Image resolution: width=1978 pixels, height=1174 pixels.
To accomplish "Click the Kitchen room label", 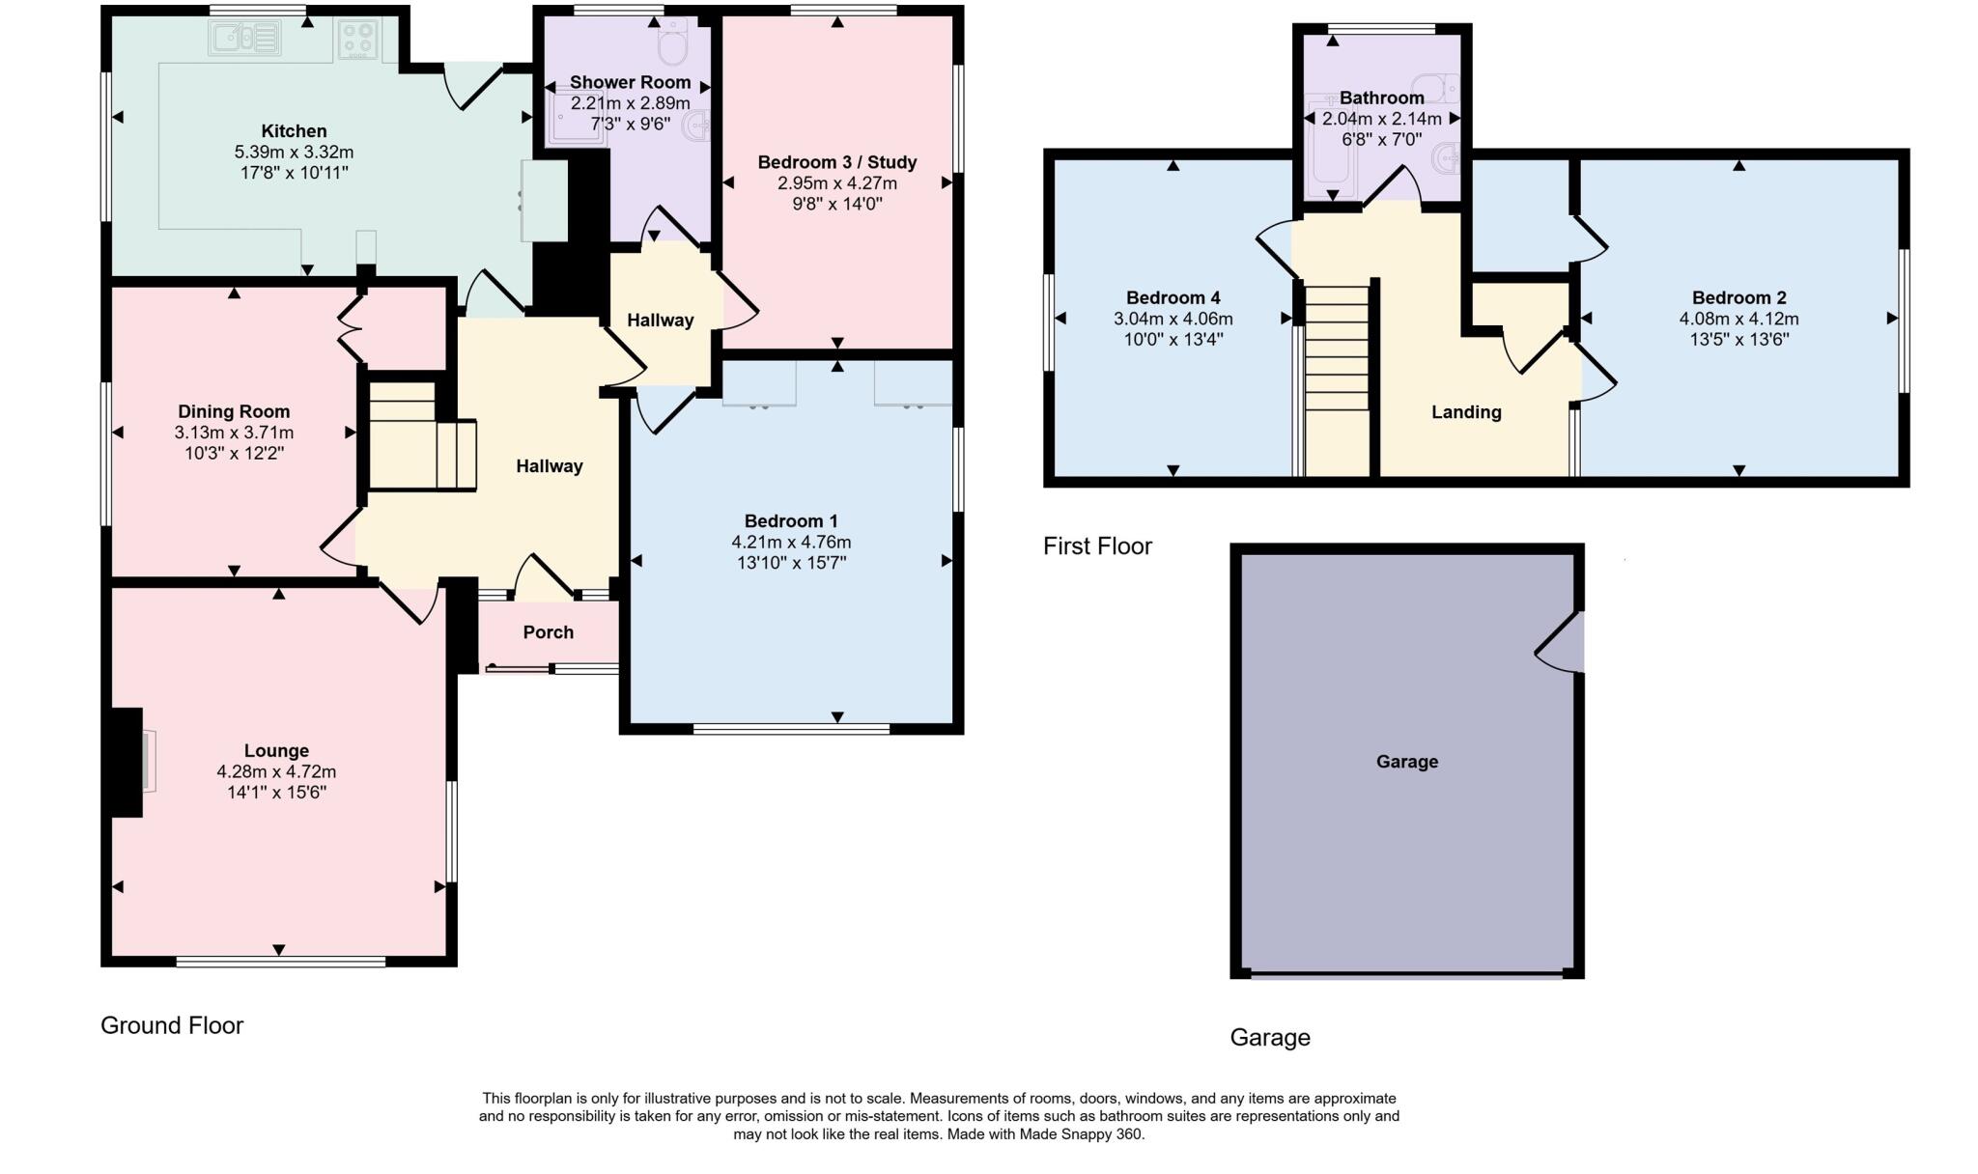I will click(x=294, y=131).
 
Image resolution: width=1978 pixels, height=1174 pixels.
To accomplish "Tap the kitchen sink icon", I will click(x=243, y=39).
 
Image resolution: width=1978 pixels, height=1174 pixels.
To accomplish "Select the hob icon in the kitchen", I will click(x=357, y=40).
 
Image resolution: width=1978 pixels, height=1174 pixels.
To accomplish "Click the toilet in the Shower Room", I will click(x=672, y=41).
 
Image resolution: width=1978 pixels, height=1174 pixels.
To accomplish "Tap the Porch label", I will click(x=548, y=632).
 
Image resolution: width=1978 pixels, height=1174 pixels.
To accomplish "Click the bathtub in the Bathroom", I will click(x=1319, y=145).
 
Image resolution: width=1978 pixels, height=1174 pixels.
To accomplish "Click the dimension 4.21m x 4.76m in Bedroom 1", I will click(x=791, y=542).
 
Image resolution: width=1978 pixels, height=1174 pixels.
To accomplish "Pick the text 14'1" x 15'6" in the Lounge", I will click(x=276, y=793).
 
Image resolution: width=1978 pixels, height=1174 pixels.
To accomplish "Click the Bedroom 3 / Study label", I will click(x=836, y=162).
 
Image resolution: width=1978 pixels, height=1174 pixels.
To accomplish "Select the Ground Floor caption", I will click(x=172, y=1025).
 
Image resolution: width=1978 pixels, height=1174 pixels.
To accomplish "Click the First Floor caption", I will click(x=1097, y=546).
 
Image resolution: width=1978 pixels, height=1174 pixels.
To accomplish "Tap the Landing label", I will click(x=1465, y=412).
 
